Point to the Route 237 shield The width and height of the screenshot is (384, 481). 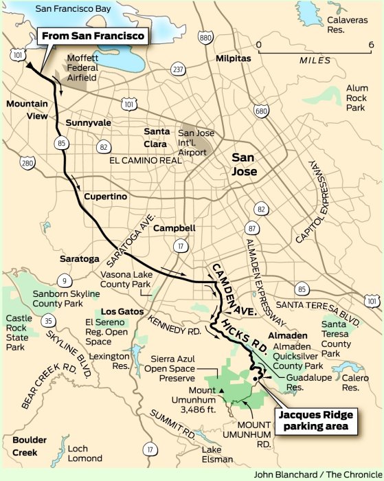pos(178,69)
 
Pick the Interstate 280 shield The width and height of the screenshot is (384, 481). pos(27,163)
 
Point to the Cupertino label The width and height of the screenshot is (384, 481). pos(106,197)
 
